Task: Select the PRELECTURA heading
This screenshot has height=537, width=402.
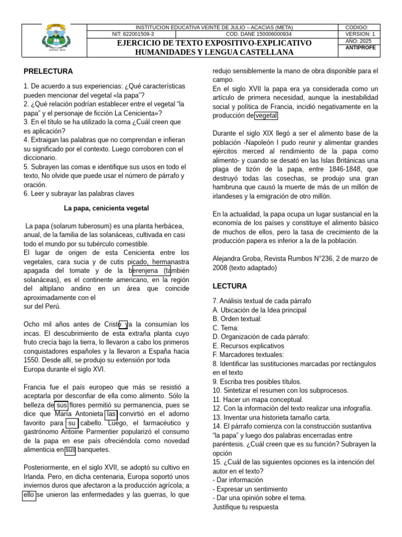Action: coord(48,71)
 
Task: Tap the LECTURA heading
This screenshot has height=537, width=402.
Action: coord(230,286)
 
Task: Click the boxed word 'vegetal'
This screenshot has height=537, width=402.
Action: coord(266,116)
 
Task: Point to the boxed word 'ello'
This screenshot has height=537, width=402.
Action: coord(29,495)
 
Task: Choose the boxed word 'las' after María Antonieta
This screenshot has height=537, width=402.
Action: coord(111,414)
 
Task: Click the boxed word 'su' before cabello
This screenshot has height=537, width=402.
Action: coord(72,423)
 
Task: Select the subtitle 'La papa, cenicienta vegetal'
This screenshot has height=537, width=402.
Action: coord(106,208)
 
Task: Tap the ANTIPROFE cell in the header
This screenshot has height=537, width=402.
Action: coord(360,48)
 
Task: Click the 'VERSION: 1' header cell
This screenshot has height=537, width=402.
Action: coord(360,34)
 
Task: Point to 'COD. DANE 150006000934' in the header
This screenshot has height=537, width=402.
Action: coord(262,34)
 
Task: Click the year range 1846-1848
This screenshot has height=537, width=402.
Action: coord(338,169)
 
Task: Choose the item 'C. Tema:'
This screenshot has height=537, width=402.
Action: coord(226,328)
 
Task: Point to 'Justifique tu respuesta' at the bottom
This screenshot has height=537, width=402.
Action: coord(245,507)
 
